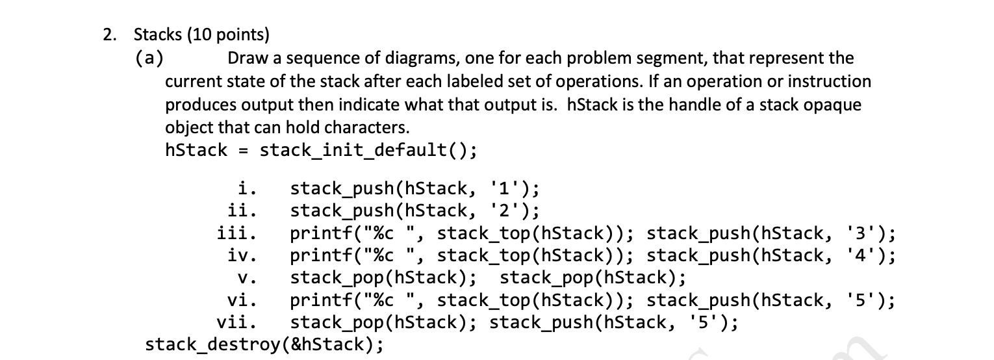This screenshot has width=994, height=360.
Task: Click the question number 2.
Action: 108,35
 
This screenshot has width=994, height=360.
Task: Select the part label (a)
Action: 149,58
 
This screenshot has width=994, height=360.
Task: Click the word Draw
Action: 246,58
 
